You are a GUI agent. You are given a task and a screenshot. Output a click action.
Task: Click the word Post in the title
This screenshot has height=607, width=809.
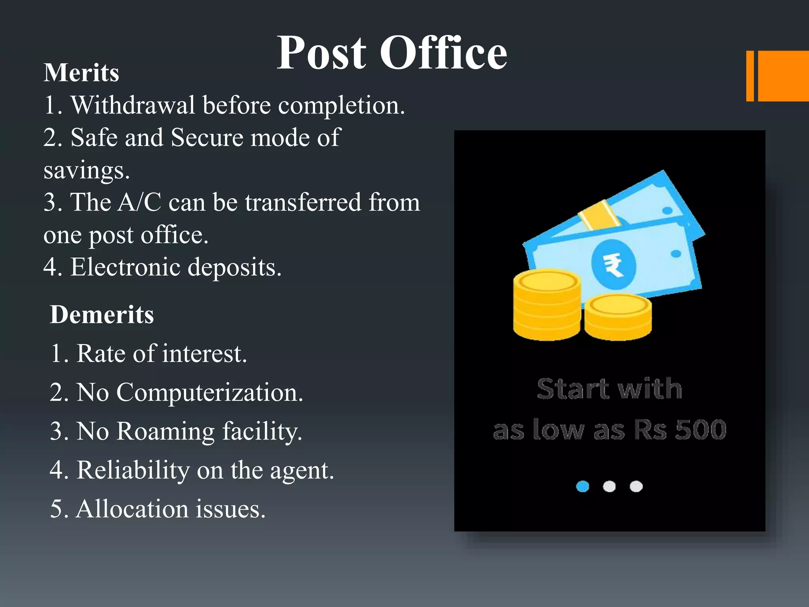pos(322,53)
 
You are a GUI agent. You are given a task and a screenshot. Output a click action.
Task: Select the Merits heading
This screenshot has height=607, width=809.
pos(81,73)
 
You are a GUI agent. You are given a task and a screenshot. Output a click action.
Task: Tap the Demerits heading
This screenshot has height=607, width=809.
pos(102,315)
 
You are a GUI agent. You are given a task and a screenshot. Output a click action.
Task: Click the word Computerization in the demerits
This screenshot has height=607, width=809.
pos(209,393)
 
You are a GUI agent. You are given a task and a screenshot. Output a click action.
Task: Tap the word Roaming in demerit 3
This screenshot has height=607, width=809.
pos(166,431)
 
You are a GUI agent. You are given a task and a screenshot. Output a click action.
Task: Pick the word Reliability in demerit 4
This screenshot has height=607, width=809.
pos(133,470)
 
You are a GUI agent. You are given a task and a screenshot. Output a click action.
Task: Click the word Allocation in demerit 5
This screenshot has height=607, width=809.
pos(132,509)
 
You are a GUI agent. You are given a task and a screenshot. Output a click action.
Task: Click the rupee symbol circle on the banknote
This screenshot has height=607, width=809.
pos(613,264)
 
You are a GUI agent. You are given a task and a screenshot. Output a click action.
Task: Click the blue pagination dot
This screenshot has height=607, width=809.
pos(583,486)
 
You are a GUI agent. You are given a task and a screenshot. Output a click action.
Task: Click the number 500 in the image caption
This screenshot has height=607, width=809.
pos(701,430)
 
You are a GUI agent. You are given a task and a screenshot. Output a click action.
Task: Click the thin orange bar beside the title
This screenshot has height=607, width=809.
pos(750,76)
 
